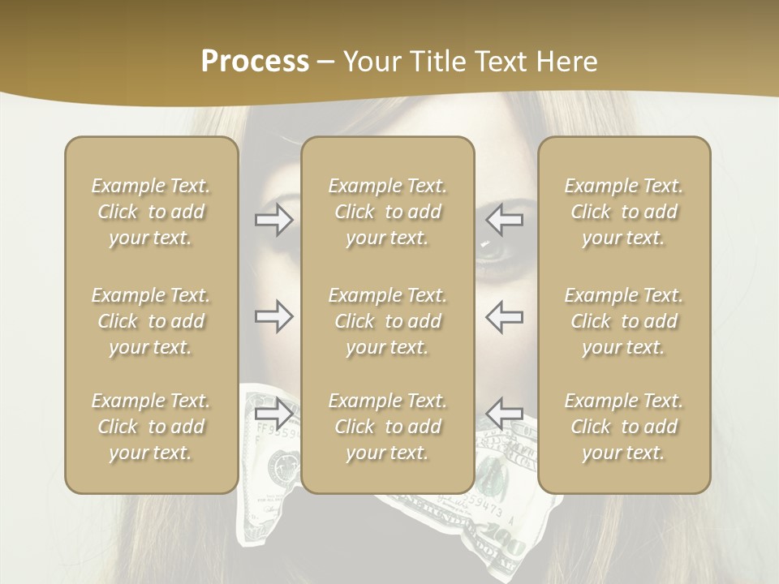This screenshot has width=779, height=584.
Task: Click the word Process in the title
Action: tap(255, 62)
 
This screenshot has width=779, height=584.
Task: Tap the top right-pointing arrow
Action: tap(273, 219)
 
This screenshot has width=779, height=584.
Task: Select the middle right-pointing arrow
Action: tap(273, 316)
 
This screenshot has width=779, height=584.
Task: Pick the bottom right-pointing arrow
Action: tap(273, 414)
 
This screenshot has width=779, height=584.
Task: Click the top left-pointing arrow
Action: tap(505, 219)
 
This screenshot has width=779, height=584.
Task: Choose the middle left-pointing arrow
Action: tap(505, 316)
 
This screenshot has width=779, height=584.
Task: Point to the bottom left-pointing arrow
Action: tap(505, 414)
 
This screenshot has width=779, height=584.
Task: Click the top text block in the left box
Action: tap(151, 212)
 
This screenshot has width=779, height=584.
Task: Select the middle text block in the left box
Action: tap(151, 321)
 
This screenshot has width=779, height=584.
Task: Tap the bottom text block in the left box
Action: tap(151, 427)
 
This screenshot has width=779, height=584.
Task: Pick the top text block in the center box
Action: tap(387, 212)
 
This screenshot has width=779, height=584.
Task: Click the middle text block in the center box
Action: tap(387, 321)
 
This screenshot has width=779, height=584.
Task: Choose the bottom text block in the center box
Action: tap(387, 427)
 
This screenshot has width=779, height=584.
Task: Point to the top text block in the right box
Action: tap(623, 212)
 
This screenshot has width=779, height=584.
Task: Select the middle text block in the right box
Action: tap(623, 321)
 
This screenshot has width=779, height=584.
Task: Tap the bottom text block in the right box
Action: tap(623, 427)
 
